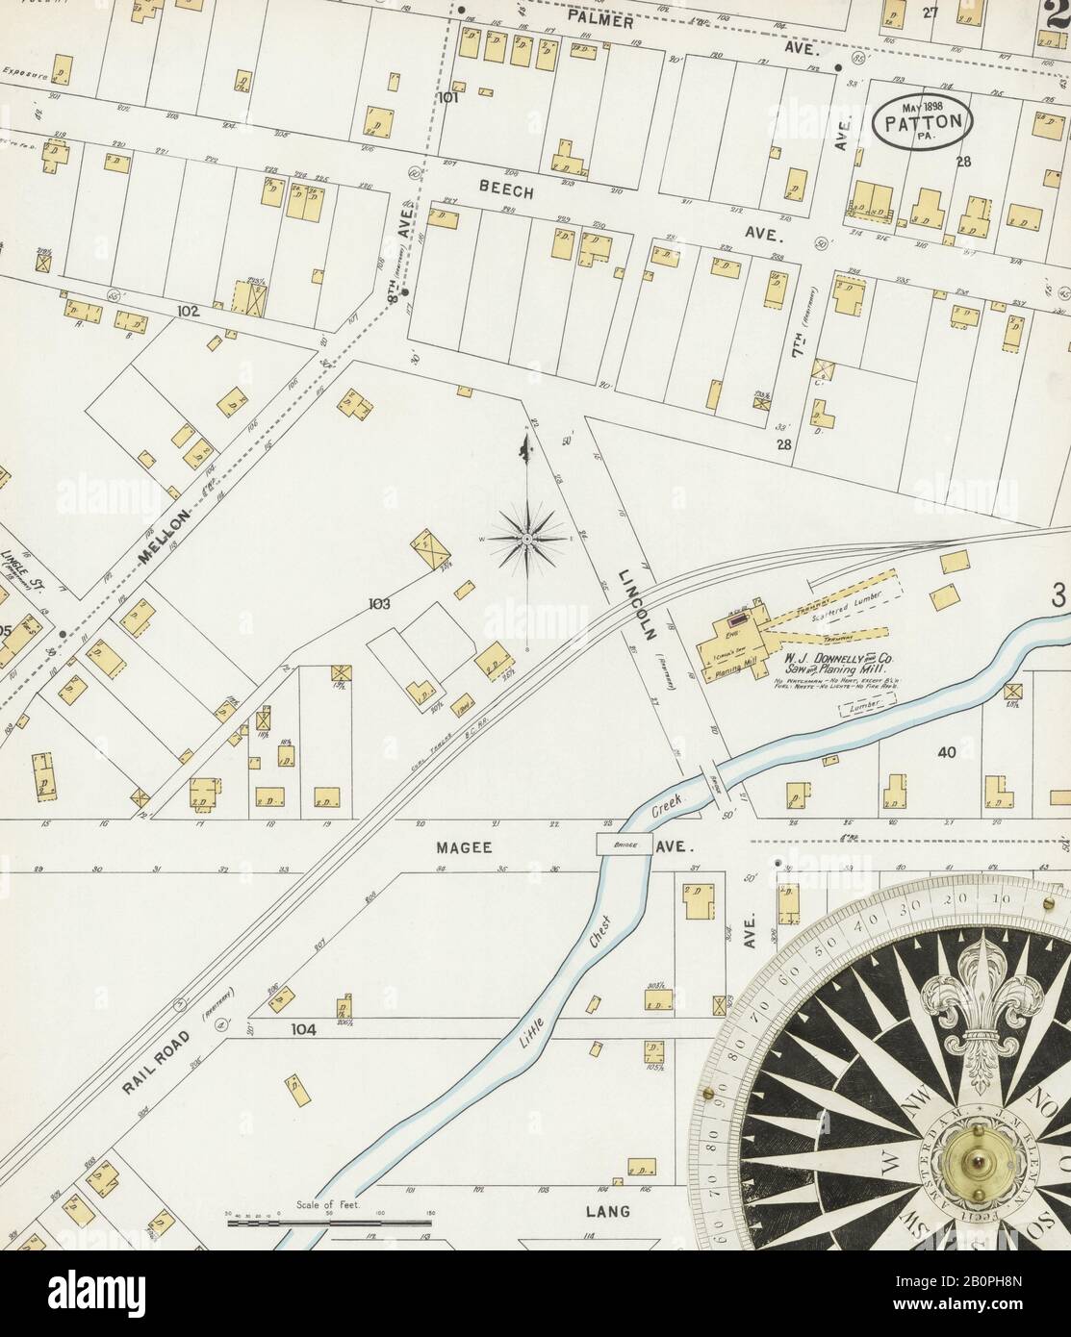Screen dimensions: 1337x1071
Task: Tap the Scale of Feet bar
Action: point(329,1223)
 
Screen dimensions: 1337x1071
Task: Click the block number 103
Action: point(378,605)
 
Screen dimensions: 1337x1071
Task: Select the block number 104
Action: point(304,1029)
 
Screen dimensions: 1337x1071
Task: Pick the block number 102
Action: point(187,312)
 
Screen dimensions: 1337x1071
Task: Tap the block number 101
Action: point(448,98)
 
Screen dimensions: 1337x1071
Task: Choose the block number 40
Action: point(948,752)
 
